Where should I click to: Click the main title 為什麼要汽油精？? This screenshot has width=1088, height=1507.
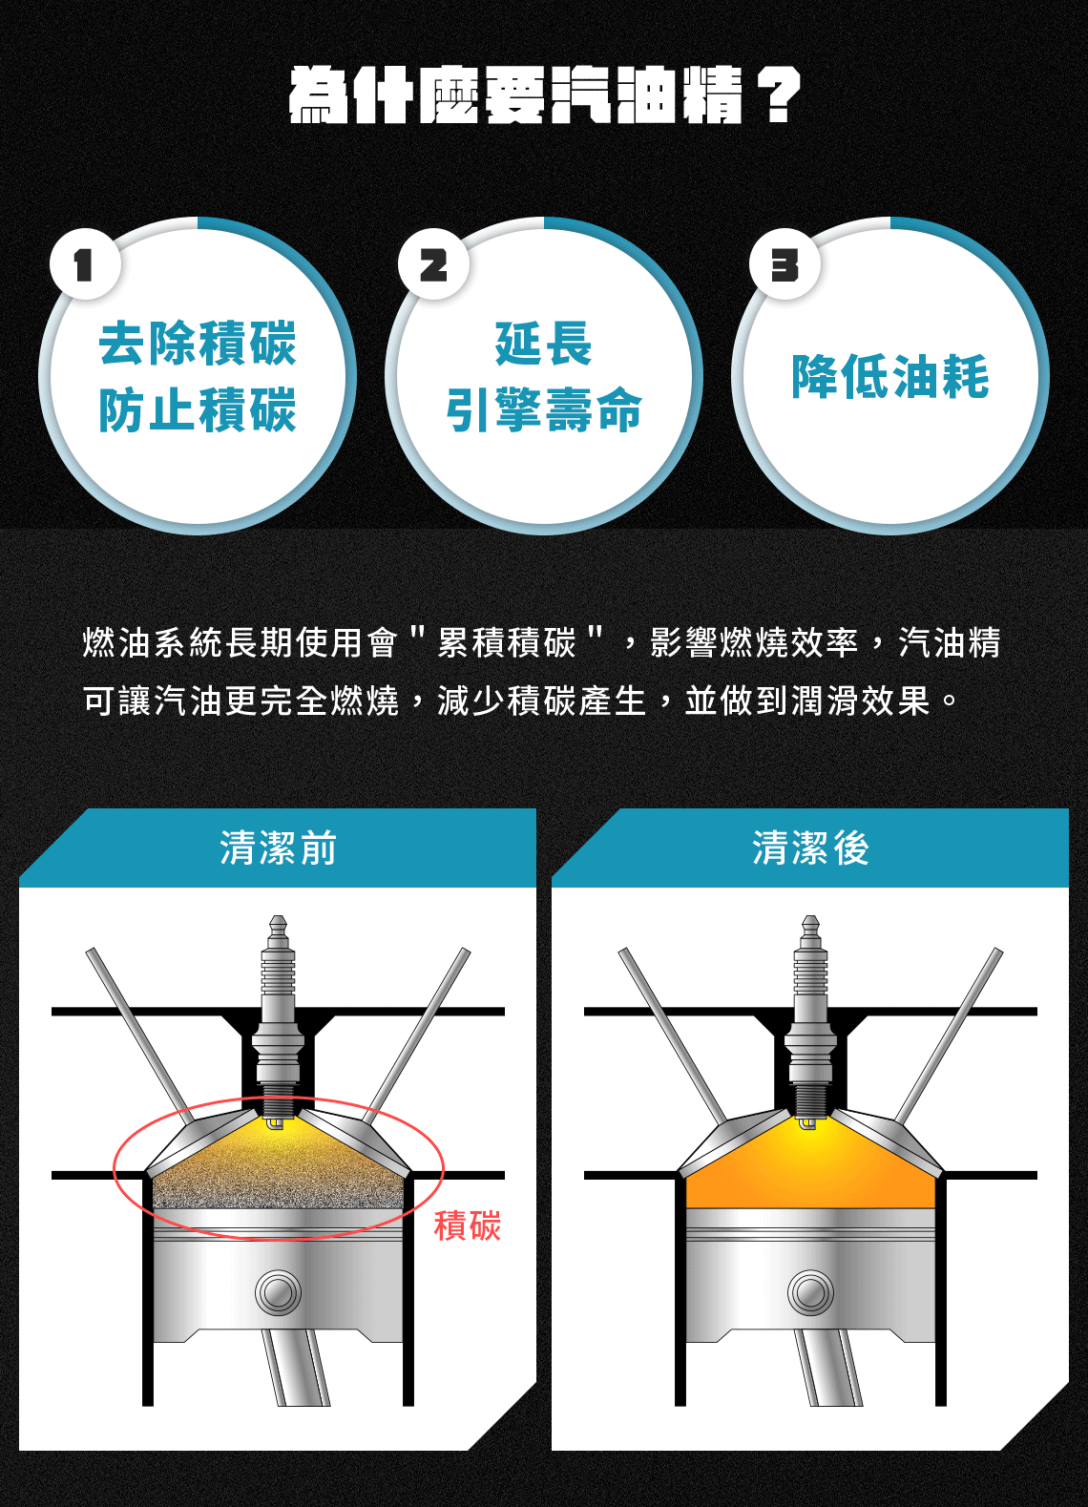pyautogui.click(x=544, y=94)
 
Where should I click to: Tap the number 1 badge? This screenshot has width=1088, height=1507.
pyautogui.click(x=85, y=263)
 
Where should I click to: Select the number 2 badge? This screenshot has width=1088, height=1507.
pyautogui.click(x=433, y=263)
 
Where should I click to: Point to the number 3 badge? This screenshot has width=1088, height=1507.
pyautogui.click(x=785, y=263)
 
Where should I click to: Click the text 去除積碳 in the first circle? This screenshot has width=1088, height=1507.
pyautogui.click(x=198, y=344)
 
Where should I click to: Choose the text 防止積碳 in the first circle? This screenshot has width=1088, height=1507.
pyautogui.click(x=198, y=409)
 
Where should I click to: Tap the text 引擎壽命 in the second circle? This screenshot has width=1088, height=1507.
pyautogui.click(x=544, y=409)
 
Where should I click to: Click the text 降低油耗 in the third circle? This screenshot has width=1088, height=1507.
pyautogui.click(x=890, y=377)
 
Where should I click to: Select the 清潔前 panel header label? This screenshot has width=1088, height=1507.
pyautogui.click(x=278, y=848)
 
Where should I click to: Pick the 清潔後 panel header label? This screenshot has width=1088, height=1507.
pyautogui.click(x=811, y=848)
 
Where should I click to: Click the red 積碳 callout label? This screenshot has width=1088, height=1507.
pyautogui.click(x=468, y=1225)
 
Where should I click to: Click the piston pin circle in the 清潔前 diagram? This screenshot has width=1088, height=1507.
pyautogui.click(x=278, y=1292)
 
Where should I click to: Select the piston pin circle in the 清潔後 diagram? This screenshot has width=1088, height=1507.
pyautogui.click(x=811, y=1292)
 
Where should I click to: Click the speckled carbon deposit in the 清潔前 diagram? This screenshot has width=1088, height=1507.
pyautogui.click(x=278, y=1174)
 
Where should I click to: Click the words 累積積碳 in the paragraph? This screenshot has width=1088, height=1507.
pyautogui.click(x=507, y=642)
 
